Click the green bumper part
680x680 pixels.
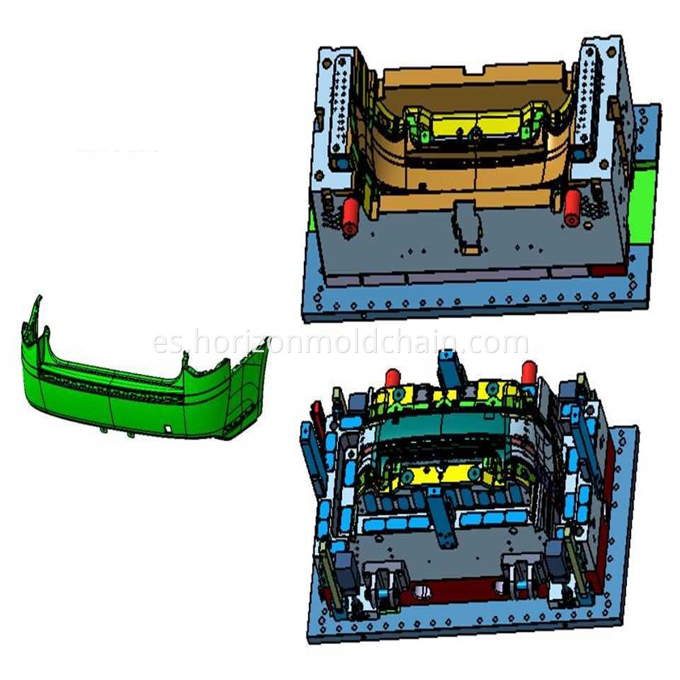point(136,394)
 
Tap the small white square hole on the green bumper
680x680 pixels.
point(167,429)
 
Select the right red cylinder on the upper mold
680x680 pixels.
point(573,207)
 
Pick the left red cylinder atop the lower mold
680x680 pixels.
point(392,377)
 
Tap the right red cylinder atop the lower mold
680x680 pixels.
point(529,371)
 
